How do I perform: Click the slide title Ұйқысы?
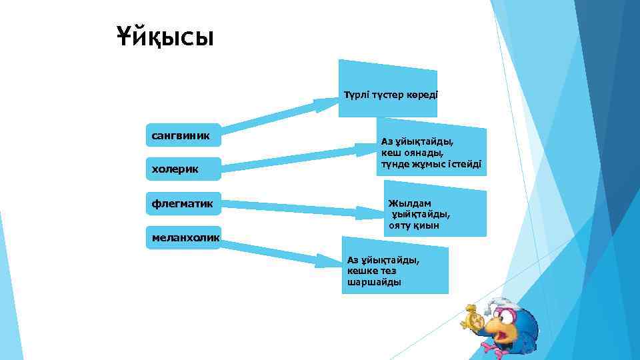(165, 37)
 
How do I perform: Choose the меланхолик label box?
(183, 236)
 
